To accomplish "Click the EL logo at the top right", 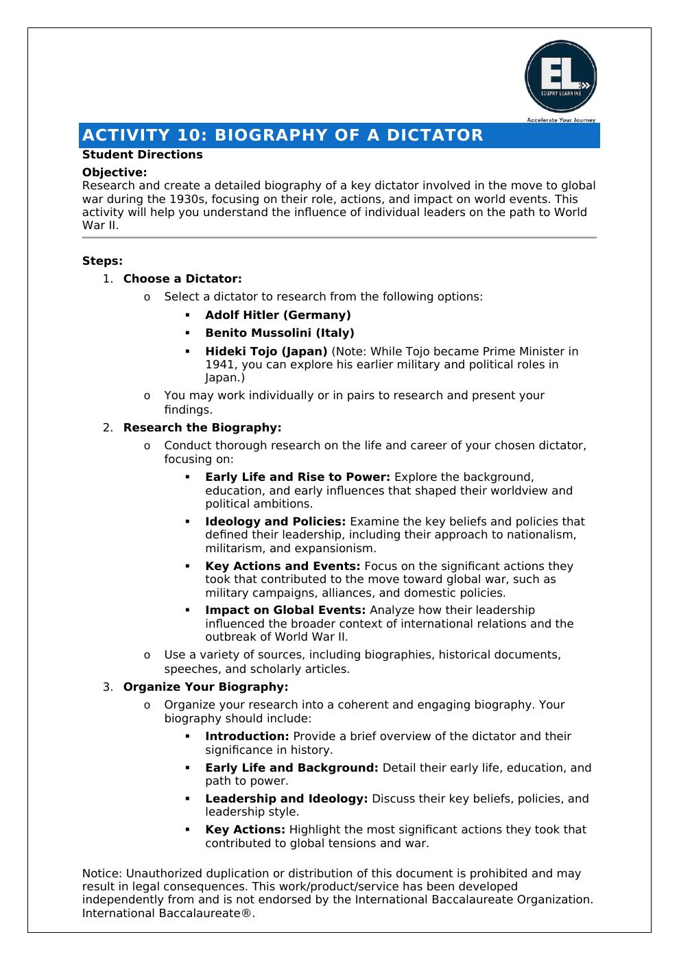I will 560,75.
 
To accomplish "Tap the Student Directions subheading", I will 142,154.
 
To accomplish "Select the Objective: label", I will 115,172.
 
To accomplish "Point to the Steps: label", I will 102,261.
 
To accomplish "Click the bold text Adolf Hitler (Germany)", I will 278,315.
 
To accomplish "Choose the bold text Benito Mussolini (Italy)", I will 280,333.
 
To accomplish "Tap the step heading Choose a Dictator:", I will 182,278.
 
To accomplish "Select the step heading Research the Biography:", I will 202,427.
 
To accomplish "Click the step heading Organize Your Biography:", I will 206,687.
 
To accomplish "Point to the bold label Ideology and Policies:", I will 275,521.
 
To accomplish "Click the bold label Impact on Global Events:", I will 285,610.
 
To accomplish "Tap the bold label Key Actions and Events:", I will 283,566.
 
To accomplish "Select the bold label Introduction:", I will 247,736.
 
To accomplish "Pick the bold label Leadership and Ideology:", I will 287,798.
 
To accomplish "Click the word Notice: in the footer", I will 102,873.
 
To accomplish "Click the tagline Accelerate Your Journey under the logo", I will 561,119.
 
